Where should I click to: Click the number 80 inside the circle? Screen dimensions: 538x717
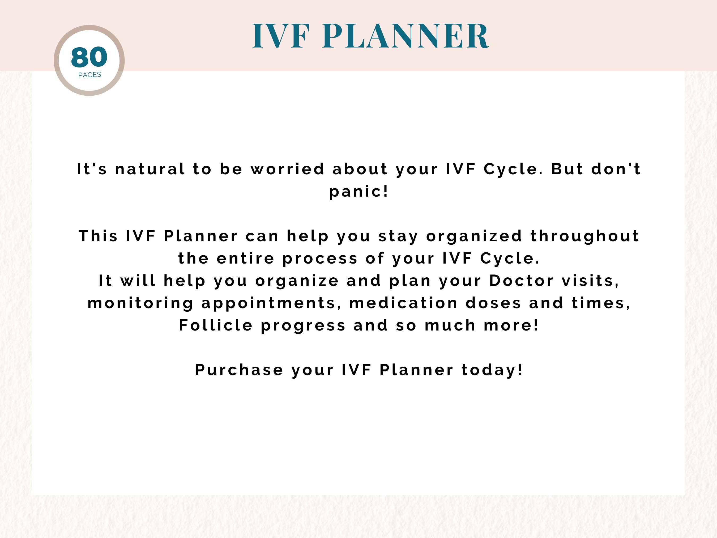(x=89, y=57)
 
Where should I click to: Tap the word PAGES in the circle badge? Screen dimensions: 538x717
(x=90, y=75)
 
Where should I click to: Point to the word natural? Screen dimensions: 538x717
(x=150, y=169)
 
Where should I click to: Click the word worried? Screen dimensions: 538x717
(x=288, y=169)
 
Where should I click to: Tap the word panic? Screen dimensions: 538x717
(x=358, y=191)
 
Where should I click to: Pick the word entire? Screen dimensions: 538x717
(x=245, y=259)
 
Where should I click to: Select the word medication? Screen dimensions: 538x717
(x=404, y=303)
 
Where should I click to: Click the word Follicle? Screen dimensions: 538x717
(x=216, y=325)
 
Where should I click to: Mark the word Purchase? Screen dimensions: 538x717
(x=239, y=370)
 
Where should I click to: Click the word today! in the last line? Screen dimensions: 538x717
(x=492, y=370)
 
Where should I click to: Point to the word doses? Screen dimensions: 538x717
(x=493, y=303)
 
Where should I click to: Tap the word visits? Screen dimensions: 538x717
(x=590, y=281)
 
